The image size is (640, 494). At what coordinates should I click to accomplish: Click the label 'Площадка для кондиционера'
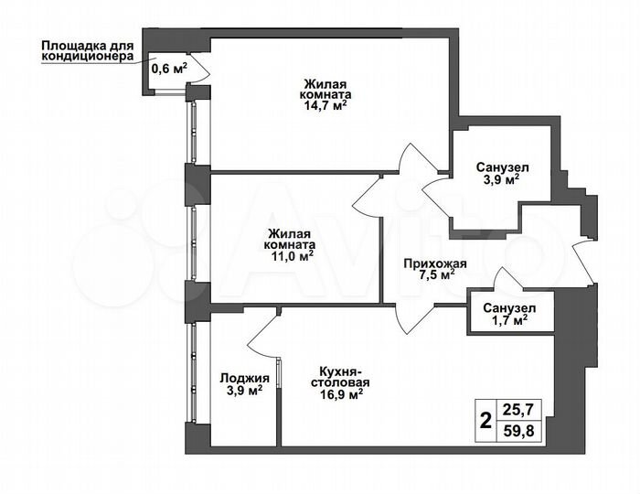(x=88, y=49)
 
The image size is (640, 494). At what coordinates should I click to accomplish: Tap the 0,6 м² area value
(x=168, y=67)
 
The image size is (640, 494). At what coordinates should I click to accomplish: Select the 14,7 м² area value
(x=325, y=105)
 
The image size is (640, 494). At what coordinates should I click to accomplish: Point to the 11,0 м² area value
(x=293, y=257)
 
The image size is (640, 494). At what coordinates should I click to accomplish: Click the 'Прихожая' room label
(x=435, y=264)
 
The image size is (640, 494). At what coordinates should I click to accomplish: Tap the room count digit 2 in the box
(x=485, y=423)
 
